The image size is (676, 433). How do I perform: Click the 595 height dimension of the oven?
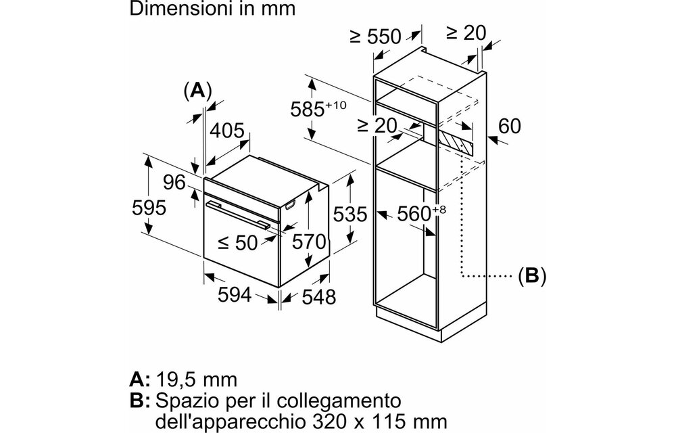pos(149,208)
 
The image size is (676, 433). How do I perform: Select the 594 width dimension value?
pos(235,294)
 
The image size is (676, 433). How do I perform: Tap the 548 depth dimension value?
pos(318,297)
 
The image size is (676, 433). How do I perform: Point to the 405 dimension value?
pos(226,131)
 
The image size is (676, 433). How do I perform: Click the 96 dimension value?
pos(174,183)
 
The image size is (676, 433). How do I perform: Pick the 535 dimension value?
pos(350,214)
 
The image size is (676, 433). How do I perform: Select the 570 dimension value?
pos(309,242)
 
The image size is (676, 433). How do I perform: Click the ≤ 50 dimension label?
pos(237,243)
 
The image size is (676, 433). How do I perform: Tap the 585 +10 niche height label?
pos(318,108)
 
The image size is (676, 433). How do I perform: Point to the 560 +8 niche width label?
pos(421,213)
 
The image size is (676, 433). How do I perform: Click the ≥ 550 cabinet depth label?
pos(375,37)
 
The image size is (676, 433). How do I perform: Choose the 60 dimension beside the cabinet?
pos(510,126)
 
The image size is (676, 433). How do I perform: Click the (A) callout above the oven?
pos(198,91)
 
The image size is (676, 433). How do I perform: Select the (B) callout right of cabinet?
pos(532,275)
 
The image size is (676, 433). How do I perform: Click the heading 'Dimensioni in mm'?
pos(212,9)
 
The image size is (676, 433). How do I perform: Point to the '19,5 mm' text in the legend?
pos(196,380)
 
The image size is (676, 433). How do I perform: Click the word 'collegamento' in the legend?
pos(339,401)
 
